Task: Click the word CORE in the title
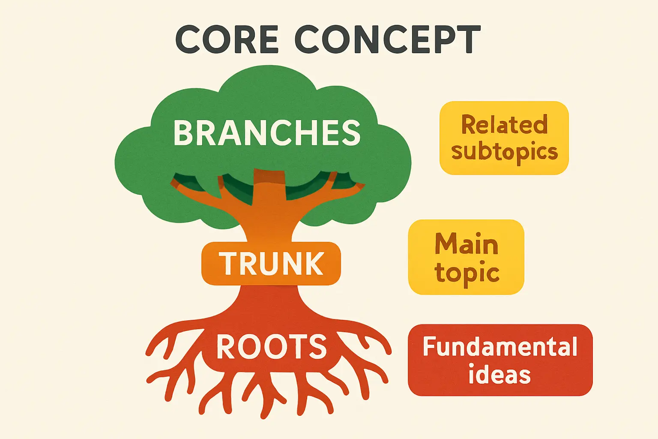click(x=227, y=39)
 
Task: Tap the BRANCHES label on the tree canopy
click(x=267, y=132)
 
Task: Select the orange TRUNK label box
click(x=271, y=263)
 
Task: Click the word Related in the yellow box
click(x=504, y=125)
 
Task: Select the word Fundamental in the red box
click(x=500, y=346)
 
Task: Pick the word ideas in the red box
click(x=499, y=375)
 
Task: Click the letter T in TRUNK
click(x=228, y=263)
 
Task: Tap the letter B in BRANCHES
click(x=183, y=132)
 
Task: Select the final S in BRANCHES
click(x=351, y=132)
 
